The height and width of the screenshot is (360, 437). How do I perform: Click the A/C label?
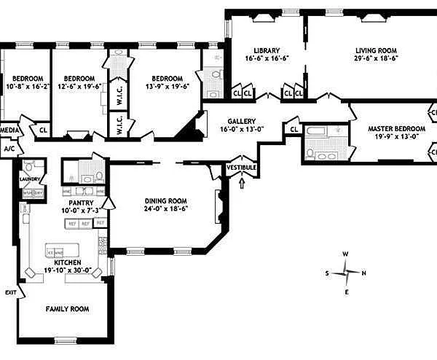[x=9, y=148]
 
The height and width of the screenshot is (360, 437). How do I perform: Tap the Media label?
[x=9, y=130]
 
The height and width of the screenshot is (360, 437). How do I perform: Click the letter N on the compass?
[x=363, y=273]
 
